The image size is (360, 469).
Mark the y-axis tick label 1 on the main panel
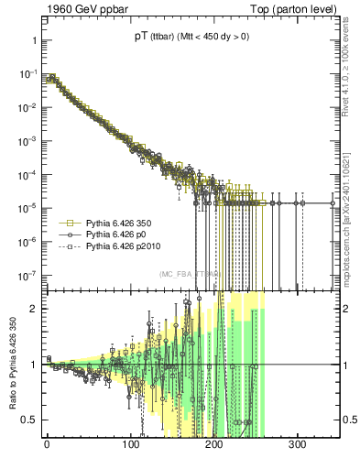(32, 41)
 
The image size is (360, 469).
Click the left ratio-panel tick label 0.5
(28, 420)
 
